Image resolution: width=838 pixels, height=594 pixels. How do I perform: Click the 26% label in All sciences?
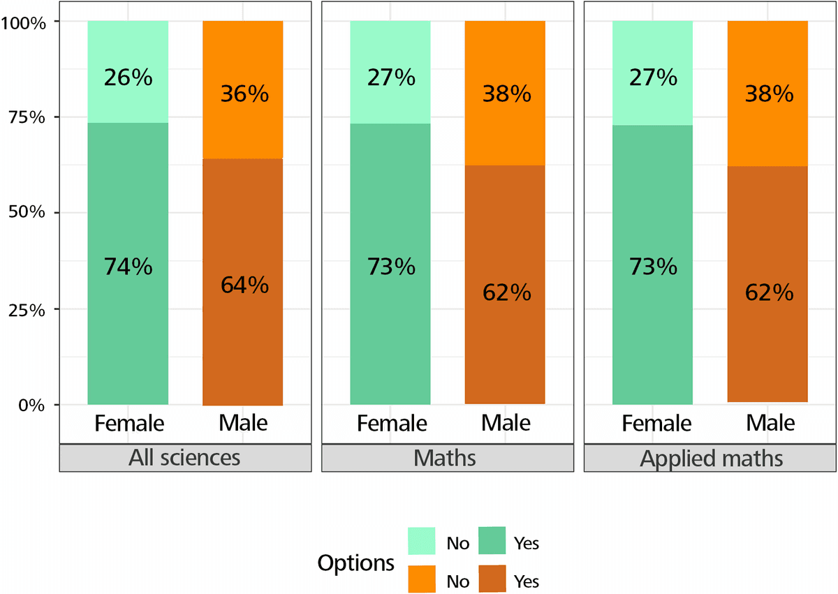coord(128,77)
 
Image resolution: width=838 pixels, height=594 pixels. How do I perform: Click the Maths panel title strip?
coord(447,458)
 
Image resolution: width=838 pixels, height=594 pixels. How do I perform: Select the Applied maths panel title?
coord(710,458)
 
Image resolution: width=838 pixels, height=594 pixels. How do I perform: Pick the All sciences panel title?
coord(184,458)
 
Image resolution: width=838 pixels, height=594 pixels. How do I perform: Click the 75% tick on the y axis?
coord(25,117)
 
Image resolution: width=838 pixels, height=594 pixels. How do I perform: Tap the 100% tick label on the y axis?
coord(23,22)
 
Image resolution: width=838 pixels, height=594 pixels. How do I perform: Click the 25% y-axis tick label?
coord(25,309)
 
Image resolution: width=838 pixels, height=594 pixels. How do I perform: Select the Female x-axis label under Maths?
coord(391,423)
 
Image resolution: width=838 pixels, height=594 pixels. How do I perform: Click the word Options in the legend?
coord(355,563)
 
